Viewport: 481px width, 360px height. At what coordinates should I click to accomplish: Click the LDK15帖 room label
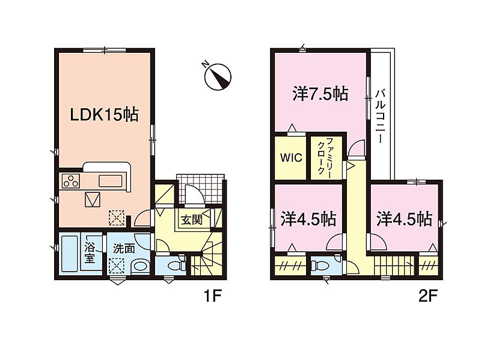coord(104,115)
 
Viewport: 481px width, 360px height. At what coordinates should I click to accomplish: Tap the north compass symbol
coord(218,76)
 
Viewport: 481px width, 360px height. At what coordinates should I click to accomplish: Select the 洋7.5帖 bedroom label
coord(320,94)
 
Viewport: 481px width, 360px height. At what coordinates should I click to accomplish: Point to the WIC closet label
coord(291,158)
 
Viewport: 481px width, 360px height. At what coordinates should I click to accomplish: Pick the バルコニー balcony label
coord(381,116)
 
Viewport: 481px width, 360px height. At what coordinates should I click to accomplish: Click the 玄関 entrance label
coord(192,219)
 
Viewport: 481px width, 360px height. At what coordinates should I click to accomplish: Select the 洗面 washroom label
coord(124,248)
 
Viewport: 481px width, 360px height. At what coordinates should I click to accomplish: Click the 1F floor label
coord(212,296)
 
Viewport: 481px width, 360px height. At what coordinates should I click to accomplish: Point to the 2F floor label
coord(427,296)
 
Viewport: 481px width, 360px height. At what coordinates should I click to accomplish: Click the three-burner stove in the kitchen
coord(71,181)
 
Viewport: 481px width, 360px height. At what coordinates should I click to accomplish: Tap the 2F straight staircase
coord(394,266)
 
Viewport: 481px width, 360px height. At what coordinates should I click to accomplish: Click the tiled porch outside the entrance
coord(201,189)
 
